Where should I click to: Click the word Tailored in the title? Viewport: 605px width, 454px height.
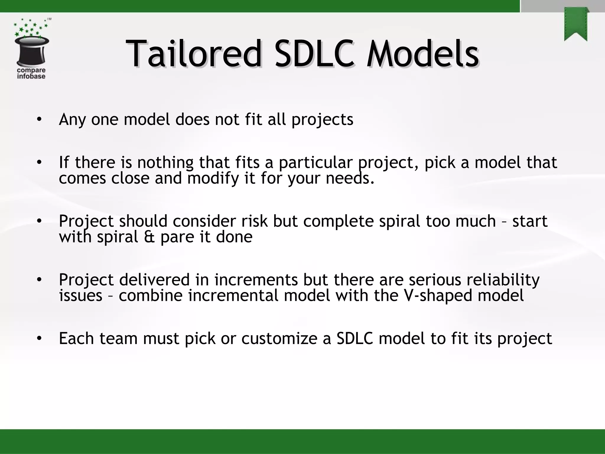[193, 54]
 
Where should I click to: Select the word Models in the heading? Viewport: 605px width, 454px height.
[422, 54]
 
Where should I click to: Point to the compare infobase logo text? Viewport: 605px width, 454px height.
[31, 73]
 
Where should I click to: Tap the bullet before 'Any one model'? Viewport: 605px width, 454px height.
[39, 119]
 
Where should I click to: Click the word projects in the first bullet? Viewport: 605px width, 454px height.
[322, 120]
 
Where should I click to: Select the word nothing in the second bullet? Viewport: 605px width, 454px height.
[165, 162]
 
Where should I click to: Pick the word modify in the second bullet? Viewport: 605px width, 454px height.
[213, 178]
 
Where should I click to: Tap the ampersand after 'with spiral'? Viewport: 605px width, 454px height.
[149, 237]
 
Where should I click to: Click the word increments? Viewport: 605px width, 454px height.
[256, 280]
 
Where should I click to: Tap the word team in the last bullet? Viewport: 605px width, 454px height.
[118, 338]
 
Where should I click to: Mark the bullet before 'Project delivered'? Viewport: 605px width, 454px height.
[39, 280]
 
